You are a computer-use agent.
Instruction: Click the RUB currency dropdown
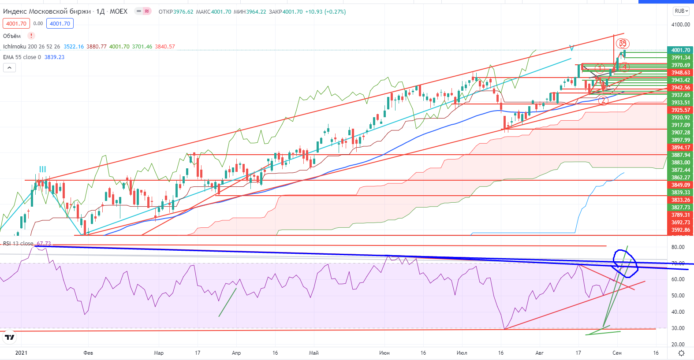pyautogui.click(x=681, y=11)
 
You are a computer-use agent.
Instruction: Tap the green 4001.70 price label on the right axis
pyautogui.click(x=681, y=50)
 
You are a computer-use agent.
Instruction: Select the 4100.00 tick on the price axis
pyautogui.click(x=681, y=25)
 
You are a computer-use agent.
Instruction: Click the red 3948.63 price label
pyautogui.click(x=681, y=73)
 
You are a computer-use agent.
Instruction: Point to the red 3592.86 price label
pyautogui.click(x=681, y=230)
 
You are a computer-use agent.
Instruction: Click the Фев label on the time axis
pyautogui.click(x=88, y=353)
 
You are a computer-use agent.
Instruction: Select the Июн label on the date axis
pyautogui.click(x=384, y=353)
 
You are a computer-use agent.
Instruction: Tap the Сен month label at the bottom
pyautogui.click(x=617, y=353)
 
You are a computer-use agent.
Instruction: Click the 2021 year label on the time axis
pyautogui.click(x=21, y=353)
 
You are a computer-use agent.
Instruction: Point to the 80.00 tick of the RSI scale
pyautogui.click(x=678, y=247)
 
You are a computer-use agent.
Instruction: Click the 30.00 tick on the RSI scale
pyautogui.click(x=678, y=328)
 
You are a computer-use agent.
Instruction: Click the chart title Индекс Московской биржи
pyautogui.click(x=47, y=11)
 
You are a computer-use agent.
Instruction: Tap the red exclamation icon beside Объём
pyautogui.click(x=31, y=36)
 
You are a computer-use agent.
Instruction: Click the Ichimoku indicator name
pyautogui.click(x=14, y=47)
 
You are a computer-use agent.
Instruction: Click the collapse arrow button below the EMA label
pyautogui.click(x=9, y=67)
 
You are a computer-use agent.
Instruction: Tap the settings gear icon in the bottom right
pyautogui.click(x=681, y=353)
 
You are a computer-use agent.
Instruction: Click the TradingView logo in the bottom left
pyautogui.click(x=9, y=338)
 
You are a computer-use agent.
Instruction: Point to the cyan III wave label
pyautogui.click(x=42, y=169)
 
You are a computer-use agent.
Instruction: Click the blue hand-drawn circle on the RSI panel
pyautogui.click(x=626, y=264)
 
